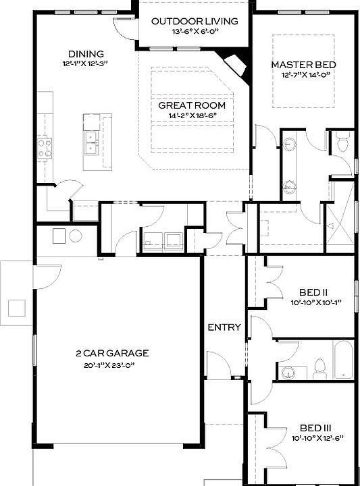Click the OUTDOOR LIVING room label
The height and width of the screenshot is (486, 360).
tap(195, 22)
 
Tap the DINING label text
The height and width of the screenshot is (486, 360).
tap(86, 54)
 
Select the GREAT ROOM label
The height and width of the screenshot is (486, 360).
tap(192, 106)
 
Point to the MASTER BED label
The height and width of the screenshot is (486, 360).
tap(303, 65)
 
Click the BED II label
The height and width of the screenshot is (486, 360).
tap(309, 292)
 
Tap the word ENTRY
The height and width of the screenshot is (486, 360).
tap(224, 327)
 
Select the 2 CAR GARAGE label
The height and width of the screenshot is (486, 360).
tap(112, 353)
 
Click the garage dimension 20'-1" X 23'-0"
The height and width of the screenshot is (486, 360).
tap(112, 365)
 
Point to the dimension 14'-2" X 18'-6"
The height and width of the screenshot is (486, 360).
tap(192, 116)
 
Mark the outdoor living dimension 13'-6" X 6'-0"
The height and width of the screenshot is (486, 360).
tap(195, 32)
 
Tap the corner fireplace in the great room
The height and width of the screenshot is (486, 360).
tap(236, 65)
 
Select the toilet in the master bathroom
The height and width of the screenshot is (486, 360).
tap(342, 143)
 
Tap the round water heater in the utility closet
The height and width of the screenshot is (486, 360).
tap(75, 236)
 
